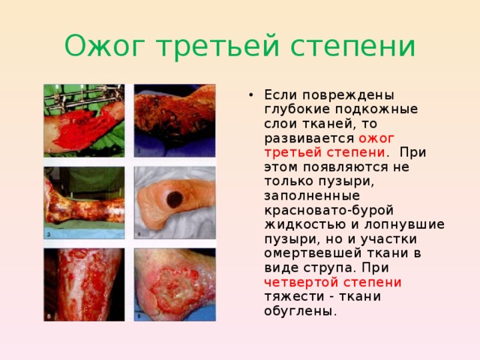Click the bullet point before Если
coord(249,95)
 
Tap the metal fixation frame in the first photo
coord(82,96)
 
